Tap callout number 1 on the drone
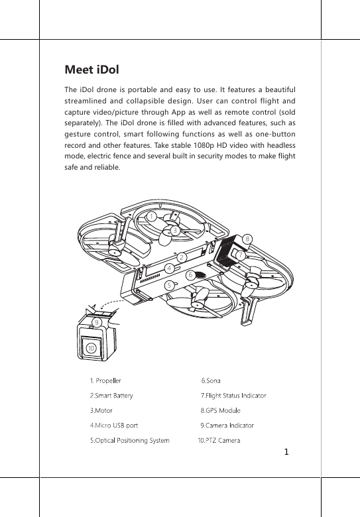(152, 217)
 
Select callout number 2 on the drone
(180, 257)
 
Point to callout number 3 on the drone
(174, 231)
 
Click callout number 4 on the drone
(170, 268)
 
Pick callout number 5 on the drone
(170, 284)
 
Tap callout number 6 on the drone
(190, 274)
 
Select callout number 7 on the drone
(240, 255)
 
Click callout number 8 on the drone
(247, 238)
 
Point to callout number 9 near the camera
(97, 322)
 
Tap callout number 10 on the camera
(90, 347)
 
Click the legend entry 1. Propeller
(105, 381)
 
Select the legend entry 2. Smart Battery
(111, 396)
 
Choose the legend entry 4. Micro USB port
(114, 425)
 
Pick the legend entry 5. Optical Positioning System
(129, 439)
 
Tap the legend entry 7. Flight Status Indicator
(233, 396)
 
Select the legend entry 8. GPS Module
(220, 410)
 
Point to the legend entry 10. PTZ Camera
(219, 439)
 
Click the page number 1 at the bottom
(286, 453)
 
